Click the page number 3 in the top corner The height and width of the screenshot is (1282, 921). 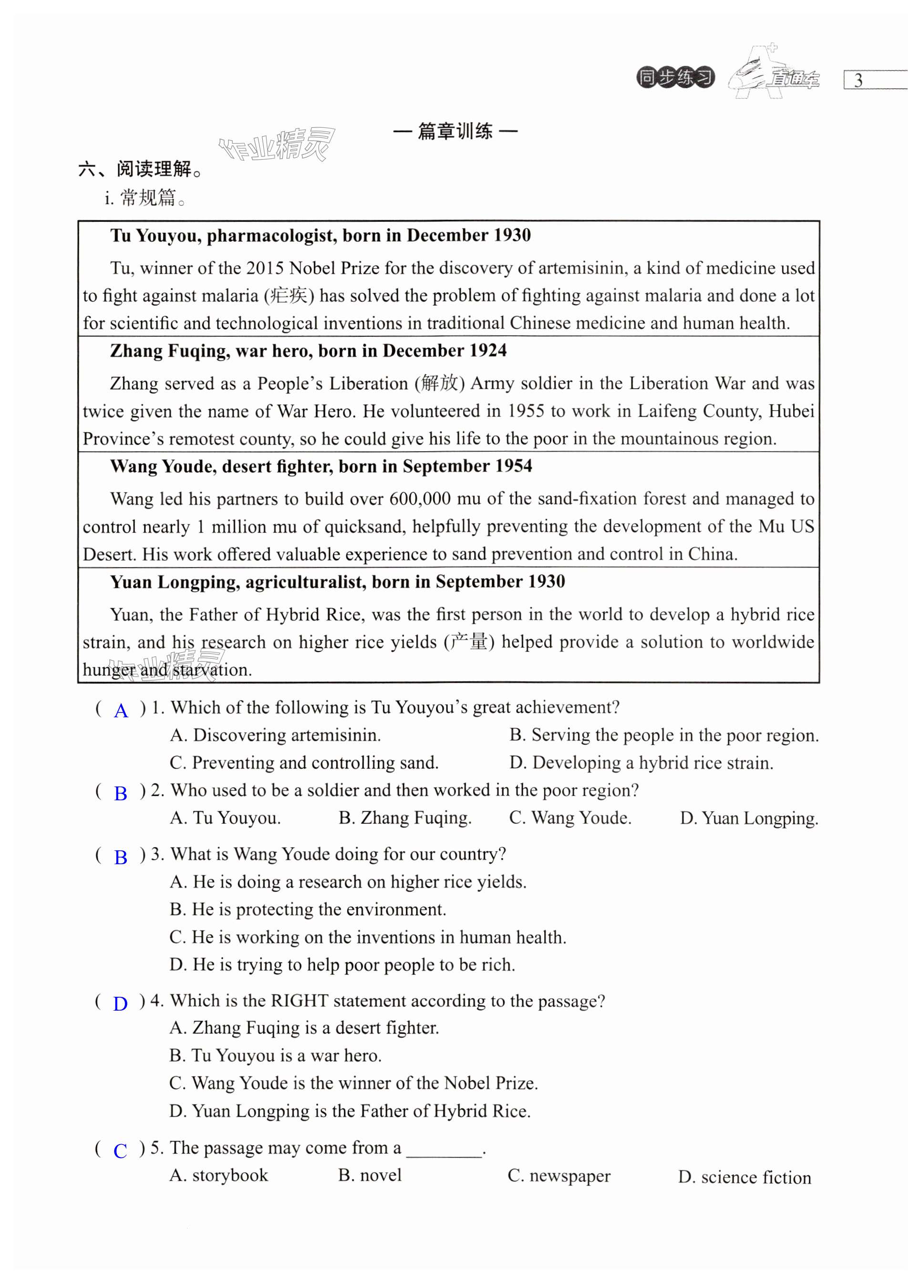(858, 80)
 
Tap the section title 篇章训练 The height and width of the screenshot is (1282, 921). (455, 131)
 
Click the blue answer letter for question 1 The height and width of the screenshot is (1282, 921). (121, 711)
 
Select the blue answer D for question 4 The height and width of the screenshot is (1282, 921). (120, 1003)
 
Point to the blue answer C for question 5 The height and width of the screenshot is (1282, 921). (120, 1150)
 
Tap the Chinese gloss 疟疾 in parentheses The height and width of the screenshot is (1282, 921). (289, 296)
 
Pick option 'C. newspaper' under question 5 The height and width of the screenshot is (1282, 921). (559, 1176)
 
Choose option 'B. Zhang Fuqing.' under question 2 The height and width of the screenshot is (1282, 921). (405, 818)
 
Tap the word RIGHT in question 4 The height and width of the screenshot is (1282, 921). (300, 1001)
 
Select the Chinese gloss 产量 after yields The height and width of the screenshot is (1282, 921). (469, 641)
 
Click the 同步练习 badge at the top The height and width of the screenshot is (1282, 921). (675, 77)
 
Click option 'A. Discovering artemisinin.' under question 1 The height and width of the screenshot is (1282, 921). (275, 735)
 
